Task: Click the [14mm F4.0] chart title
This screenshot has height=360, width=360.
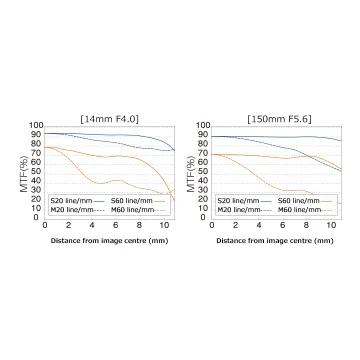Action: pyautogui.click(x=110, y=119)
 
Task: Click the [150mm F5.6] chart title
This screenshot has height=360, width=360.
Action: pyautogui.click(x=279, y=119)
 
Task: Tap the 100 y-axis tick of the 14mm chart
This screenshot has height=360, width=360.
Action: pyautogui.click(x=36, y=125)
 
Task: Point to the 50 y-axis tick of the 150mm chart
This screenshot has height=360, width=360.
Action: pyautogui.click(x=205, y=171)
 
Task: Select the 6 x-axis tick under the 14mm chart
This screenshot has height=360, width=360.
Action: pyautogui.click(x=116, y=225)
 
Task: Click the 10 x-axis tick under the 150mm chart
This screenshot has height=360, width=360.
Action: pyautogui.click(x=331, y=225)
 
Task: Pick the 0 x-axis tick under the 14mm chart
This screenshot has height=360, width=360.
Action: pyautogui.click(x=45, y=225)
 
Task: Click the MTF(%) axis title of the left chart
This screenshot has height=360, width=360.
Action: pyautogui.click(x=24, y=174)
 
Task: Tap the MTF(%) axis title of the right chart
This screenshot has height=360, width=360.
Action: pyautogui.click(x=191, y=174)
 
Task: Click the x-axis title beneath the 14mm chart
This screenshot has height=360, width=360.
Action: pyautogui.click(x=109, y=241)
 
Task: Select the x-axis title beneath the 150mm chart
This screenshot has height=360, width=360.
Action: pyautogui.click(x=275, y=241)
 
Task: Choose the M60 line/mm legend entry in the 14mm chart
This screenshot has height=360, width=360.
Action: pyautogui.click(x=138, y=210)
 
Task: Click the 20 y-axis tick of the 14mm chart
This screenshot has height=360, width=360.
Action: pyautogui.click(x=38, y=199)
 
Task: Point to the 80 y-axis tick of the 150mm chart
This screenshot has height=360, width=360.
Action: pyautogui.click(x=205, y=144)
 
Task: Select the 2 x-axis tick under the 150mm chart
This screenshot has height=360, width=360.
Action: pyautogui.click(x=236, y=225)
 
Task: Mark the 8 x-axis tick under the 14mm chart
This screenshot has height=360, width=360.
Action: pyautogui.click(x=140, y=225)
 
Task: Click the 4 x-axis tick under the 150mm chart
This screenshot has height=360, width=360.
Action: pyautogui.click(x=259, y=225)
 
